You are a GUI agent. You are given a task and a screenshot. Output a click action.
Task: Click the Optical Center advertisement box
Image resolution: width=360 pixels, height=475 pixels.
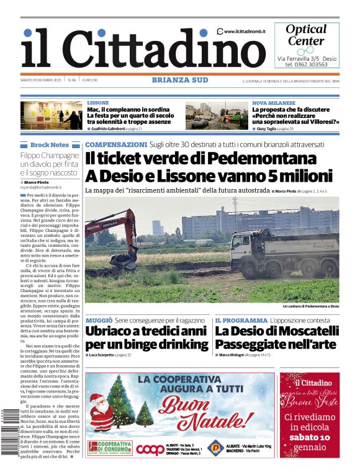pos(307,45)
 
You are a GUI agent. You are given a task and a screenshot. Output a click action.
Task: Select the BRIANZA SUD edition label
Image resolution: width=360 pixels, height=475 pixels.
pos(179,80)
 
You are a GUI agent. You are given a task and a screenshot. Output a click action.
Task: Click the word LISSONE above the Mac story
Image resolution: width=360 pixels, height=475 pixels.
pos(97,102)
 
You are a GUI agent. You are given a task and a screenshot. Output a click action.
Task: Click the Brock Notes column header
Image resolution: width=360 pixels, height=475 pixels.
pos(50,144)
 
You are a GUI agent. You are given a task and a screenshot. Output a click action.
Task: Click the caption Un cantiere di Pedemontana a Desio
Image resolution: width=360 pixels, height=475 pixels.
pos(310,306)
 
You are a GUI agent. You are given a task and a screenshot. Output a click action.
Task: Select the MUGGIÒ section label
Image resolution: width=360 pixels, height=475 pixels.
pos(99,320)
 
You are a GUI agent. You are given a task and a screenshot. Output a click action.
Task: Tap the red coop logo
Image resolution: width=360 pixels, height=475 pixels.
pos(150,449)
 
